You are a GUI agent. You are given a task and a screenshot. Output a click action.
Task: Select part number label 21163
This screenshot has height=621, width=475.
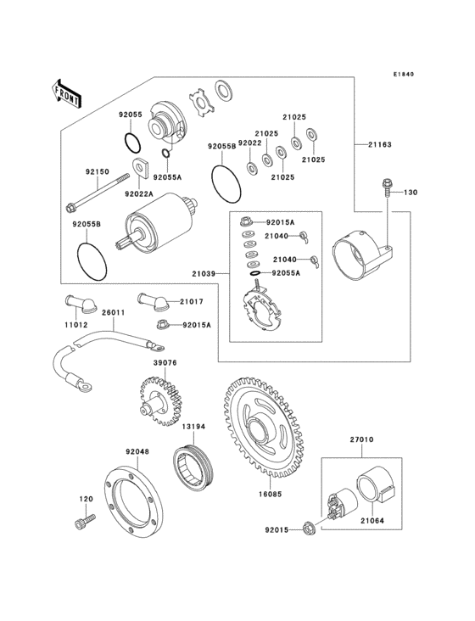380,145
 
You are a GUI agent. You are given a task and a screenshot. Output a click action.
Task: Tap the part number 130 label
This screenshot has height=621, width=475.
411,193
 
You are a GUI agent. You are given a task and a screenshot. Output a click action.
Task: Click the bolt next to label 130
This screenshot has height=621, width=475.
387,187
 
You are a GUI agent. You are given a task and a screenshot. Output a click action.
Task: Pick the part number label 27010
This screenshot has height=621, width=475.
361,440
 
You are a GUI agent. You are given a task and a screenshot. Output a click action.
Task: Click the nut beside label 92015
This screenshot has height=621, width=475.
308,530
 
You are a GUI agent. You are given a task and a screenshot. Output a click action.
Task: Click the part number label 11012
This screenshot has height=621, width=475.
75,323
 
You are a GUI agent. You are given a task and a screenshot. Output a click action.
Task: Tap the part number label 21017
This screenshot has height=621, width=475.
191,301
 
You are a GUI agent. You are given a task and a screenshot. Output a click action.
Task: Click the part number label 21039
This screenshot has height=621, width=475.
204,274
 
